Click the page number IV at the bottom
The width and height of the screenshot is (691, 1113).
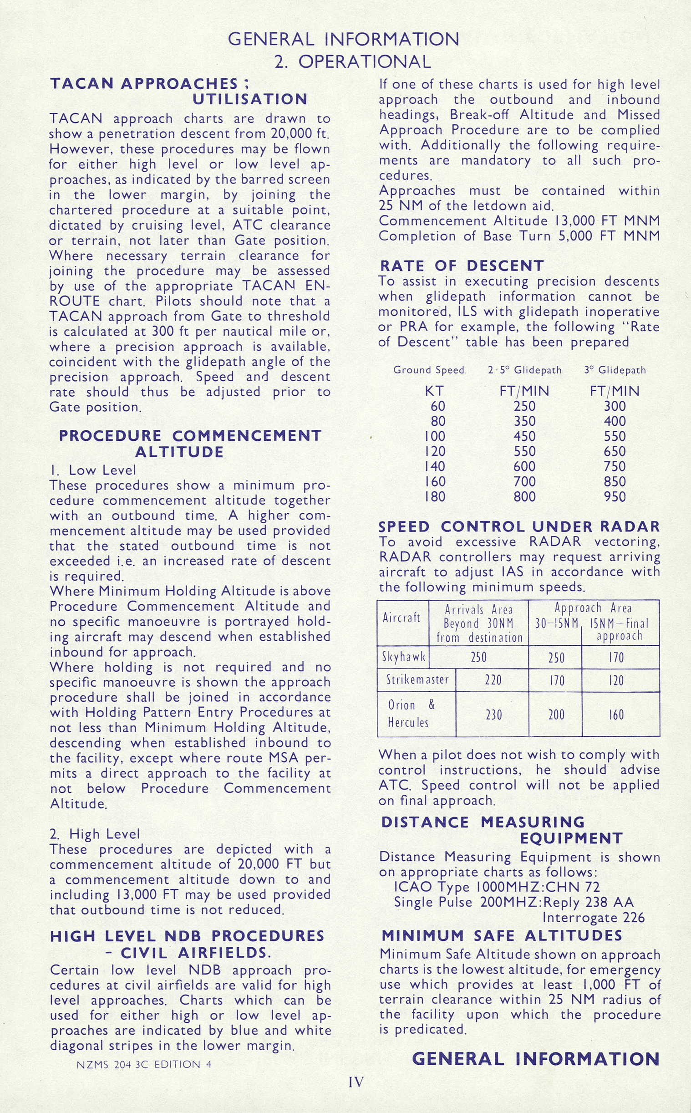[356, 1082]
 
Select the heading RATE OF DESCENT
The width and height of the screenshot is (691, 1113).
[462, 265]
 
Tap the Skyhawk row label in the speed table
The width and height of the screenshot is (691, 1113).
[403, 657]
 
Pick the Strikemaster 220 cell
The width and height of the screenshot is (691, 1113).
[493, 680]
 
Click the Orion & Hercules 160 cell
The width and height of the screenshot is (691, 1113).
[616, 715]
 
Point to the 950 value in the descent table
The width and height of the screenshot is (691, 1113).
[614, 496]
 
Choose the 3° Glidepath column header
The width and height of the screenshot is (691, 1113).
[615, 370]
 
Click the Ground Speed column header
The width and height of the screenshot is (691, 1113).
[429, 370]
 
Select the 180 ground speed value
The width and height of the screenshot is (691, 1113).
[435, 496]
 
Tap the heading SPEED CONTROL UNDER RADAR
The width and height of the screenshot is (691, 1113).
[519, 526]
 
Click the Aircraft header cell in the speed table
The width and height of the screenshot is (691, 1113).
[401, 618]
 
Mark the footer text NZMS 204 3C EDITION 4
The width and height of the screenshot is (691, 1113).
[144, 1064]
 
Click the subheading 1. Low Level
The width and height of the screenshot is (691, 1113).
[93, 470]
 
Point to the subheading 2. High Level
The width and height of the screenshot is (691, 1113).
[95, 834]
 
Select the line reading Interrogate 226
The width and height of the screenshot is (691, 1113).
[593, 917]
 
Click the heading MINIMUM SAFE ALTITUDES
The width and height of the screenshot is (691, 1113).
[502, 935]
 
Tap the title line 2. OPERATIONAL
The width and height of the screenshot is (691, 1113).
[352, 61]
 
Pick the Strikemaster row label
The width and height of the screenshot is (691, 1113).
[417, 679]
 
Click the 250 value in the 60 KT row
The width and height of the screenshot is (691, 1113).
[524, 406]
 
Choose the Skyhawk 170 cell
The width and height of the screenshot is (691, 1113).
[616, 657]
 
